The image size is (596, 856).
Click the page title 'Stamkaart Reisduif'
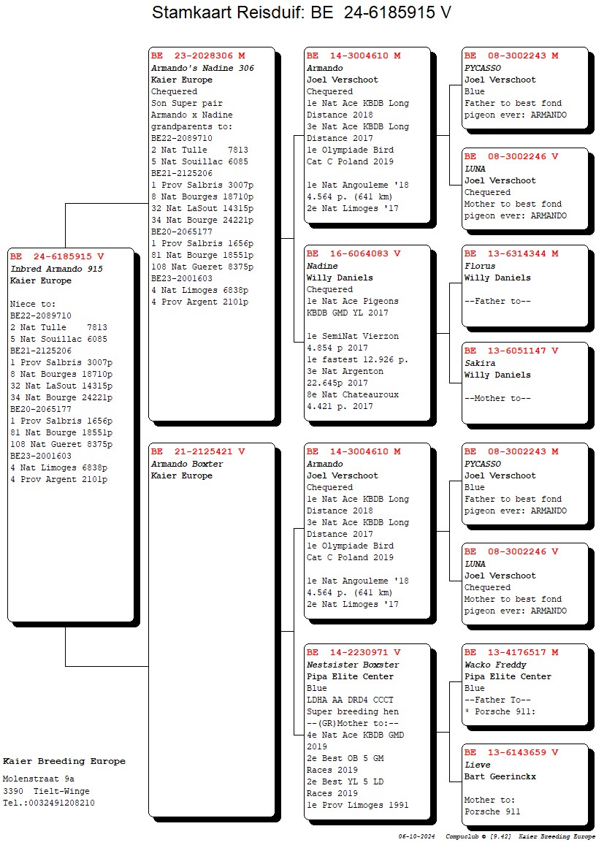pyautogui.click(x=227, y=12)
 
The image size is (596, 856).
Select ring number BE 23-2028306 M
pyautogui.click(x=198, y=56)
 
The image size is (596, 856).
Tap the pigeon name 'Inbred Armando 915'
pyautogui.click(x=57, y=269)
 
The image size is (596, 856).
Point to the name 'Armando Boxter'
pyautogui.click(x=187, y=464)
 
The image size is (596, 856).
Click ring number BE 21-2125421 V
pyautogui.click(x=198, y=451)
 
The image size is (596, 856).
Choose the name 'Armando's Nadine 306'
pyautogui.click(x=202, y=68)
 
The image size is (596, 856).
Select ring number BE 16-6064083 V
pyautogui.click(x=354, y=254)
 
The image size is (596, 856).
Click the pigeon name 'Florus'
pyautogui.click(x=480, y=267)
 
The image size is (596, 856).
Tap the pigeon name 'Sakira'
pyautogui.click(x=480, y=364)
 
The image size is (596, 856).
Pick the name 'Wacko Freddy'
pyautogui.click(x=496, y=665)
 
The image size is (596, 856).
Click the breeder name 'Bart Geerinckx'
pyautogui.click(x=500, y=776)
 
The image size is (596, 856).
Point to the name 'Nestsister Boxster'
pyautogui.click(x=353, y=665)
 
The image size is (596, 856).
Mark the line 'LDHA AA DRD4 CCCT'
pyautogui.click(x=350, y=700)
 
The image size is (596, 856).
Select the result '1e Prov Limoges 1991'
pyautogui.click(x=357, y=805)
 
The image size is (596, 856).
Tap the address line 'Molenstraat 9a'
pyautogui.click(x=38, y=779)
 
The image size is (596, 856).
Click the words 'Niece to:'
pyautogui.click(x=33, y=304)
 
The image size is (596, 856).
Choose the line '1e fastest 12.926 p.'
pyautogui.click(x=357, y=360)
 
